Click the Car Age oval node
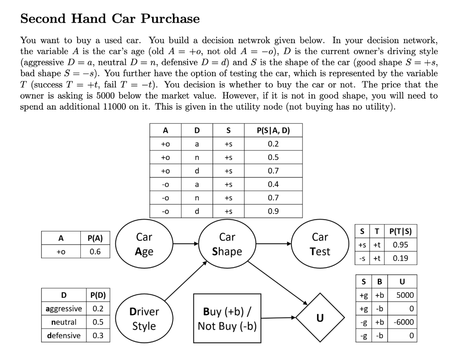point(144,244)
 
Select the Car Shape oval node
point(227,244)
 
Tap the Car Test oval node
point(320,244)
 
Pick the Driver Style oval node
point(144,319)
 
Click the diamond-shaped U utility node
point(320,318)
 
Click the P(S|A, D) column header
point(273,130)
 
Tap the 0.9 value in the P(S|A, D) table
point(273,211)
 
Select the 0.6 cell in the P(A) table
point(95,252)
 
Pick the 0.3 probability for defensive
point(98,335)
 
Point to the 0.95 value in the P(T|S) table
point(400,245)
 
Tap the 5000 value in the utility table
point(405,295)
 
